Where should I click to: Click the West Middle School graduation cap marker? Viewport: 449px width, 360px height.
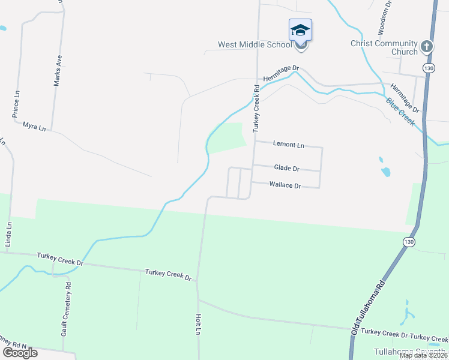(x=300, y=31)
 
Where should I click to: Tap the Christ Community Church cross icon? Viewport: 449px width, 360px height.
(x=426, y=46)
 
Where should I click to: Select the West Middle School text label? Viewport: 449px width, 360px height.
(x=255, y=44)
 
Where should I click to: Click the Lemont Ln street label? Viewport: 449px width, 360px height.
(x=289, y=145)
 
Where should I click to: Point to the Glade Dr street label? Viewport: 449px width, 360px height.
(x=286, y=169)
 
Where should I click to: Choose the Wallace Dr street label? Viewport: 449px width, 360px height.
(x=285, y=186)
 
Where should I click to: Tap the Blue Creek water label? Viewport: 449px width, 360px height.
(x=400, y=112)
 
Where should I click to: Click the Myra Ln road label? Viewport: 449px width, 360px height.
(x=34, y=127)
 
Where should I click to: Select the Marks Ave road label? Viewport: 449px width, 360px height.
(x=58, y=71)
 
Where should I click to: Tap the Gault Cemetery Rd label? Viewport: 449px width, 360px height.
(x=68, y=316)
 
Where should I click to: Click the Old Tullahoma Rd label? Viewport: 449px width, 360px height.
(x=364, y=308)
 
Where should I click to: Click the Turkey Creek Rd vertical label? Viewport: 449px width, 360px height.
(x=256, y=108)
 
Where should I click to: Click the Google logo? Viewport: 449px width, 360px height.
(x=20, y=353)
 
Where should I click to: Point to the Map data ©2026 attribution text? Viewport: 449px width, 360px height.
(x=423, y=356)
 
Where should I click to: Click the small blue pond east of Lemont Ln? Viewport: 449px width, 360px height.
(x=385, y=172)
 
